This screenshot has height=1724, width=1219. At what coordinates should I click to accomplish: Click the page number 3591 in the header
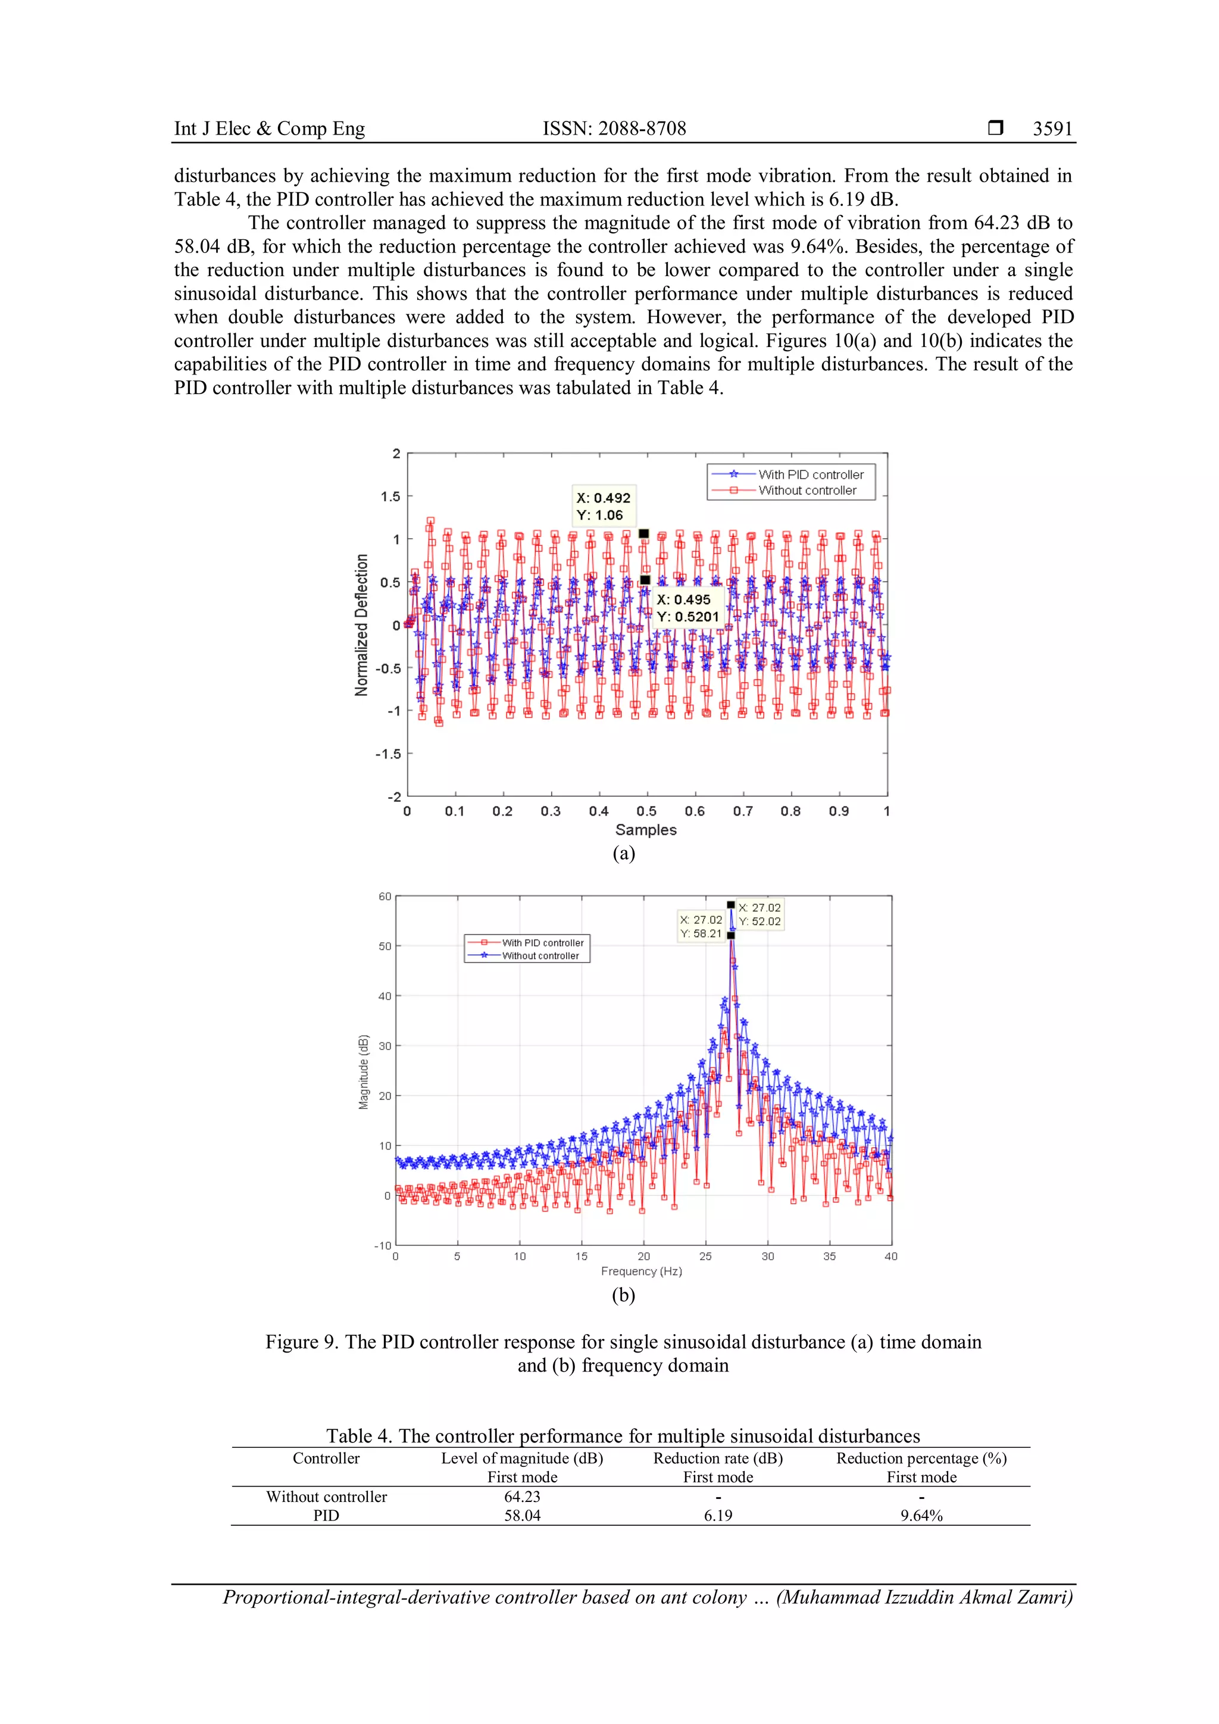point(1052,129)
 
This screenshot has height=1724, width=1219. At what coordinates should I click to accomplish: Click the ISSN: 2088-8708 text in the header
point(614,129)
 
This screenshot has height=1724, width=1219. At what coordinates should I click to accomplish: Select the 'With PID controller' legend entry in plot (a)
point(810,474)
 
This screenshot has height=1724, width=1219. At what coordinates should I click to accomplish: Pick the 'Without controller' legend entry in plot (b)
point(540,956)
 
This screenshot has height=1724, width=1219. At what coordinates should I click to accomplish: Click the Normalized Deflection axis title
point(362,624)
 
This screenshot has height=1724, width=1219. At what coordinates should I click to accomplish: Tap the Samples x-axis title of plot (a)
point(646,830)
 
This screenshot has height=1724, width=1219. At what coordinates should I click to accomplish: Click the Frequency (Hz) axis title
point(641,1271)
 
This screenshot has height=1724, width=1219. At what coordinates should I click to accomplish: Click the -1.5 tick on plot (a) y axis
point(388,754)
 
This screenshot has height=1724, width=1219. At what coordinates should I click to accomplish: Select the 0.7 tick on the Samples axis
point(742,811)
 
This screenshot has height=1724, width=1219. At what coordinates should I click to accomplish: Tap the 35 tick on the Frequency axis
point(829,1256)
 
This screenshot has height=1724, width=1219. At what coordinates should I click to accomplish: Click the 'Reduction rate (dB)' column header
point(718,1458)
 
